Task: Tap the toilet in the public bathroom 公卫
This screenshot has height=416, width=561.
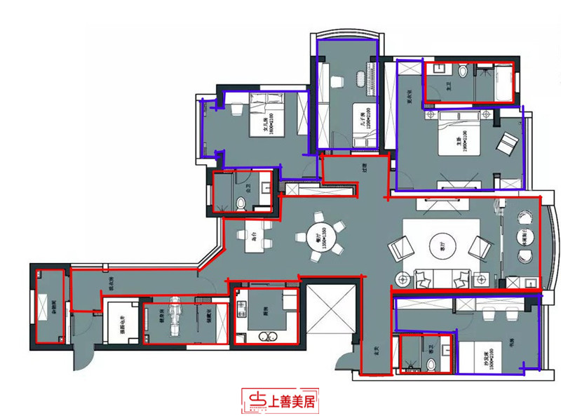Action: [x=241, y=204]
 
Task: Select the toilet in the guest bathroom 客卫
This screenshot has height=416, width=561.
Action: [x=431, y=363]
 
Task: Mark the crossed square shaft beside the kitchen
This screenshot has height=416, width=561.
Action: [x=327, y=309]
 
